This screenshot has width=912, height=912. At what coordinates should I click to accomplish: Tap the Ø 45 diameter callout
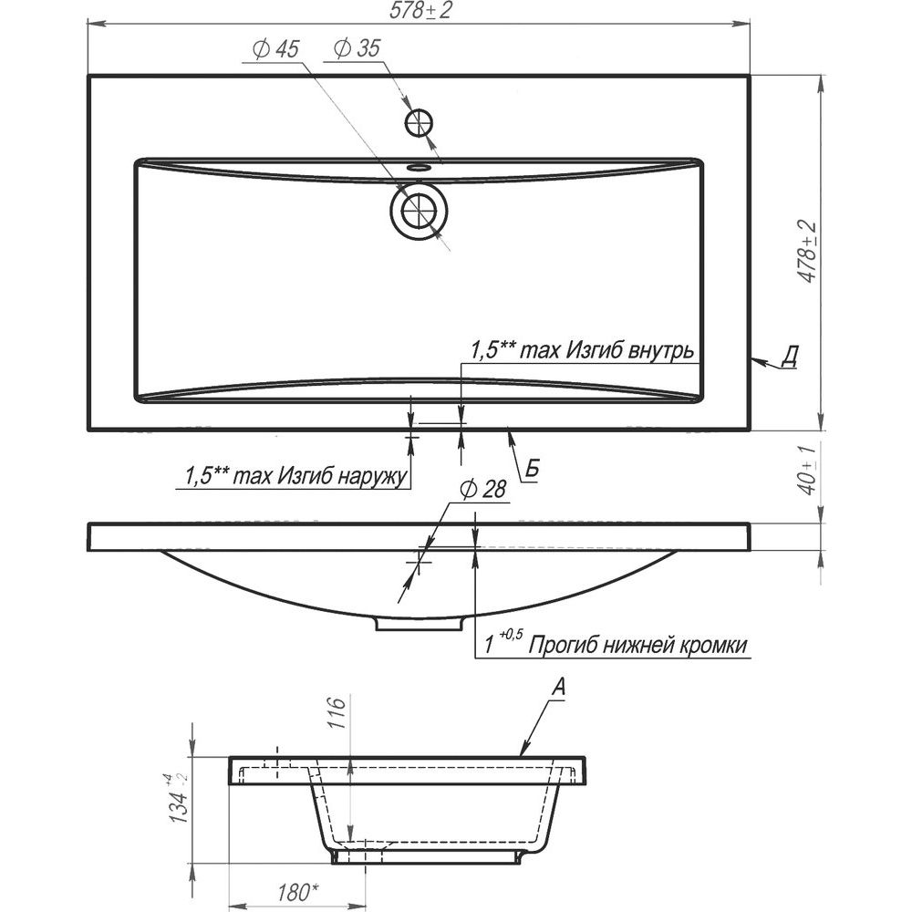(x=275, y=49)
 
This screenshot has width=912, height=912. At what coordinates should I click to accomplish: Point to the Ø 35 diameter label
(x=357, y=49)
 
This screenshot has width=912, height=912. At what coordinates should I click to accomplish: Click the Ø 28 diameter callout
(x=482, y=491)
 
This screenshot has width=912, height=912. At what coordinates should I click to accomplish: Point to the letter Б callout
(x=533, y=469)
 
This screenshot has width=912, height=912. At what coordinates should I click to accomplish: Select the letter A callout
(x=558, y=688)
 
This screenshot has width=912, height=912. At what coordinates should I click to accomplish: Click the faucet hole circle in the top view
(x=419, y=123)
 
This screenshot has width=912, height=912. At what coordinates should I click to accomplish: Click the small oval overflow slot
(x=419, y=168)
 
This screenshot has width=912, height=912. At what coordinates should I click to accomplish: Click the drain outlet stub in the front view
(x=419, y=624)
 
